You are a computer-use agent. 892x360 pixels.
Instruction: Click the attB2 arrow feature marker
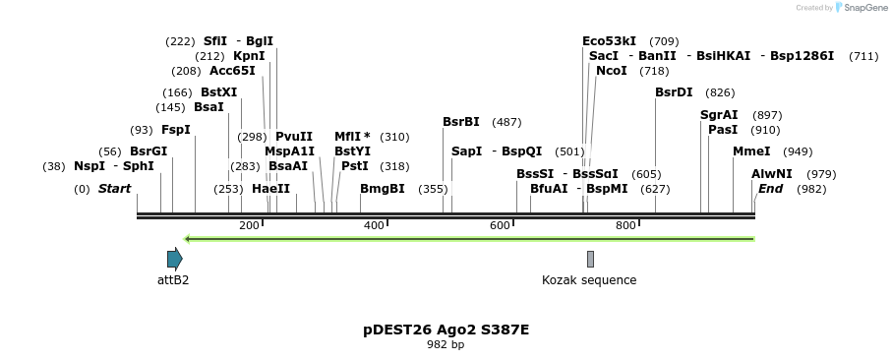(x=174, y=259)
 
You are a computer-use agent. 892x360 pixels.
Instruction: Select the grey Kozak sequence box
(x=590, y=259)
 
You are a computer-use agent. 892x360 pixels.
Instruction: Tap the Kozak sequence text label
(x=589, y=280)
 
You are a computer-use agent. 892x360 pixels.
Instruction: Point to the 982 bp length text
(x=446, y=345)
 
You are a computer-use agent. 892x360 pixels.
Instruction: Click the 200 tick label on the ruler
(x=249, y=225)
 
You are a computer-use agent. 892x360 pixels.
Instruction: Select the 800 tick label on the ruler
(x=625, y=225)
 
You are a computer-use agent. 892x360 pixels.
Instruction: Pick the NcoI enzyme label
(x=611, y=71)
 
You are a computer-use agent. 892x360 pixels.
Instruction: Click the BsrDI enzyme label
(x=674, y=92)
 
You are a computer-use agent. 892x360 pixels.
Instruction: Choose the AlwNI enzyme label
(x=771, y=173)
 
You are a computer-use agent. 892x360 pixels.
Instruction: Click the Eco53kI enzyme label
(x=609, y=41)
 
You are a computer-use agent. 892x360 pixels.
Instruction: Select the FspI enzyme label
(x=176, y=130)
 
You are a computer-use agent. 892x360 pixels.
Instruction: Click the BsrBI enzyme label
(x=460, y=122)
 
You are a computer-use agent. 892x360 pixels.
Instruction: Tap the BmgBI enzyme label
(x=382, y=188)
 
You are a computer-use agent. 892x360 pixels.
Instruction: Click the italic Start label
(x=114, y=188)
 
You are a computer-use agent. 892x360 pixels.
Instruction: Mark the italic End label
(x=770, y=188)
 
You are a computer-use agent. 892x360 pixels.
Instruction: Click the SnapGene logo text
(x=862, y=8)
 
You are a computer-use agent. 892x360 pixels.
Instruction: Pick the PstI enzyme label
(x=354, y=166)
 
